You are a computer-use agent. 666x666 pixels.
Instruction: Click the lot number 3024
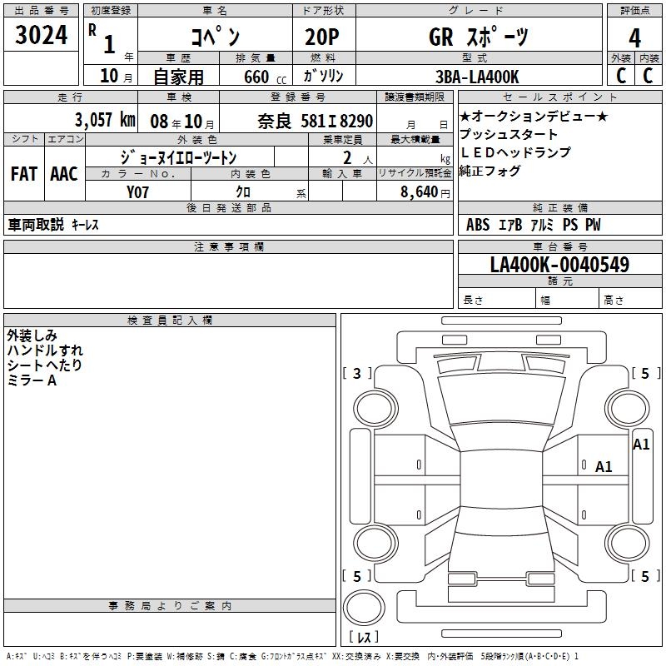click(x=41, y=35)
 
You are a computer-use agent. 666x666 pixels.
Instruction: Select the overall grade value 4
click(x=634, y=37)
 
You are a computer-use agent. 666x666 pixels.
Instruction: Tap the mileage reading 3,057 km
click(x=106, y=120)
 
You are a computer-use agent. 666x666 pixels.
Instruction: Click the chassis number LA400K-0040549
click(x=559, y=264)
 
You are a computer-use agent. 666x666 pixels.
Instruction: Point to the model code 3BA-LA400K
click(x=477, y=77)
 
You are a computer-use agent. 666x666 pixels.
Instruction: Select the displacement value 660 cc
click(x=265, y=77)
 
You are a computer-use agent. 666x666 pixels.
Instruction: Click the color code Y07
click(x=137, y=192)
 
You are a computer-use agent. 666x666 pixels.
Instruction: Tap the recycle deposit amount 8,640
click(x=420, y=191)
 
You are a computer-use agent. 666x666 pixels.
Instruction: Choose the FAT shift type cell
click(x=24, y=174)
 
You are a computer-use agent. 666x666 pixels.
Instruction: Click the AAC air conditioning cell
click(x=64, y=174)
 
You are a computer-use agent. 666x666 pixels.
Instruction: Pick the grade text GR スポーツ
click(x=478, y=37)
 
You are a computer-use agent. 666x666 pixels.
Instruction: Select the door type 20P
click(x=322, y=37)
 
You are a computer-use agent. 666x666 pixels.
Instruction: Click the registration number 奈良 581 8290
click(x=316, y=121)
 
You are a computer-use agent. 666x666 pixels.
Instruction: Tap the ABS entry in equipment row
click(x=478, y=225)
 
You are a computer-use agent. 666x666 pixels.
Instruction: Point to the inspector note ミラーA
click(x=32, y=380)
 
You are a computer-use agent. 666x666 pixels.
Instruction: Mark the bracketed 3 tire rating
click(x=357, y=373)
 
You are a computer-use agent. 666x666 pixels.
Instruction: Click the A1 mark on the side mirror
click(x=641, y=445)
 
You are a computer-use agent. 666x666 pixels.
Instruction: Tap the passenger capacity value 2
click(x=347, y=157)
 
